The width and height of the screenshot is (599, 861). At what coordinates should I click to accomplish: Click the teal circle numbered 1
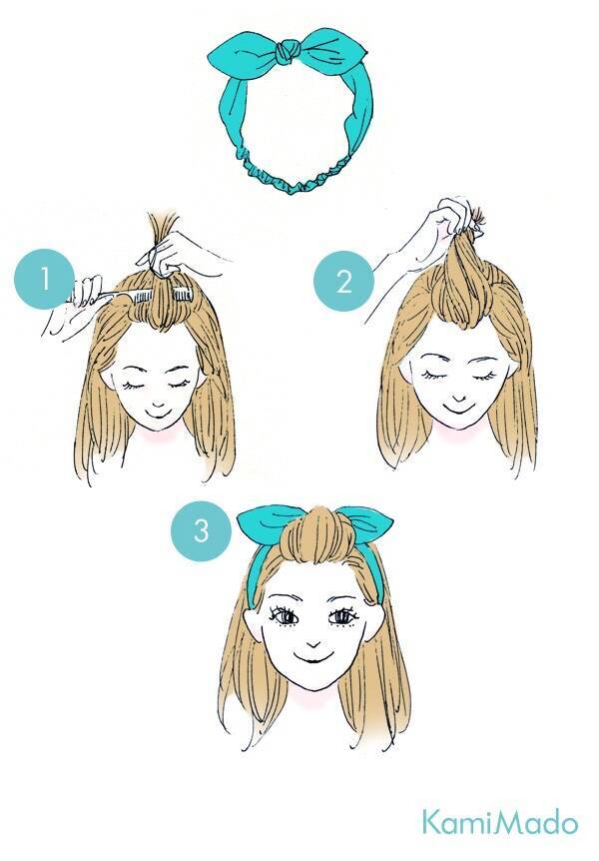45,280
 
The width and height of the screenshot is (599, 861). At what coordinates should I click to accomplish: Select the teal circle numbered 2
343,282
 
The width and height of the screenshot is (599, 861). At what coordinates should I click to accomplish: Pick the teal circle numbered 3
201,531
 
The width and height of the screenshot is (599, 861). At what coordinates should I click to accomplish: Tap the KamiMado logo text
499,823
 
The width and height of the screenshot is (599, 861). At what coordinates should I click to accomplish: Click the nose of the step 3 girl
312,644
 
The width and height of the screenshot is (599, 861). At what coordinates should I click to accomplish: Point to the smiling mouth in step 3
312,659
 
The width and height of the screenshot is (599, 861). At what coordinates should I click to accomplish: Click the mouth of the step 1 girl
158,409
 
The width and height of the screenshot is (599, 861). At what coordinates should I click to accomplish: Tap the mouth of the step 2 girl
460,410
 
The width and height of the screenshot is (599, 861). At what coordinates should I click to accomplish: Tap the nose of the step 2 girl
460,397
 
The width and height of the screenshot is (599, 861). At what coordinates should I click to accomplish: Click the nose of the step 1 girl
158,397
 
